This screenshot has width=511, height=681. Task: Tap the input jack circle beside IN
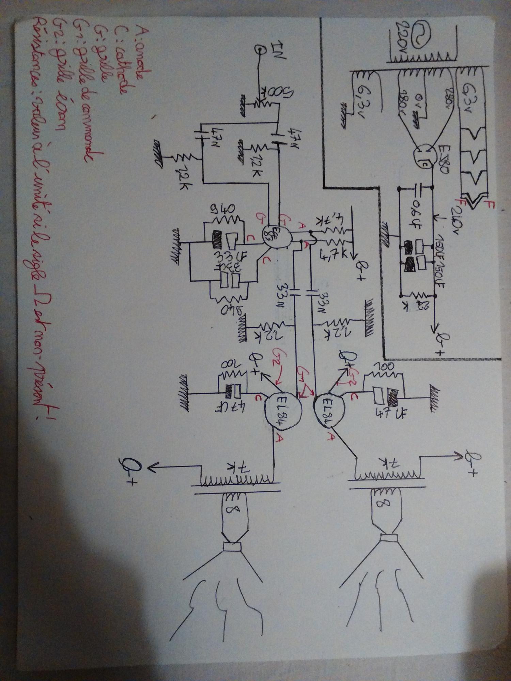260,51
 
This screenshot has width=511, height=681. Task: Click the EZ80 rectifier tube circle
422,157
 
